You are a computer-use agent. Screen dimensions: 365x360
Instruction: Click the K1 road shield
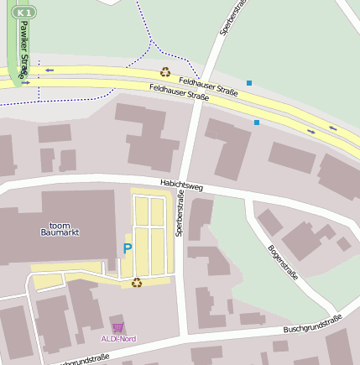(x=27, y=13)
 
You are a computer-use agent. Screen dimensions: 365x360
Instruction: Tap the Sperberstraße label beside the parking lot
(x=180, y=214)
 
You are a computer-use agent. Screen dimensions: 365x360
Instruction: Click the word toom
(x=60, y=224)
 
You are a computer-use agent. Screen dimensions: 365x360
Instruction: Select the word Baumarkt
(x=60, y=232)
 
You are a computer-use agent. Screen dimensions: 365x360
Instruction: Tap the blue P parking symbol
(x=128, y=248)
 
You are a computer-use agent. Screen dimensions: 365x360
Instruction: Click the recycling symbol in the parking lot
(x=137, y=283)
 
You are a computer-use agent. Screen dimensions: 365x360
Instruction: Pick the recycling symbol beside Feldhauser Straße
(x=165, y=72)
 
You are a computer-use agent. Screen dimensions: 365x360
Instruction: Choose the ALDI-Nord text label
(x=118, y=338)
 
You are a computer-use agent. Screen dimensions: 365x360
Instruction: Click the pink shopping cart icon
(x=117, y=327)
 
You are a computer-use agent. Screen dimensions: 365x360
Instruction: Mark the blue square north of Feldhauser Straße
(x=249, y=82)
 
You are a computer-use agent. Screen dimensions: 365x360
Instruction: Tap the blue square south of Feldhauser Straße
(x=257, y=123)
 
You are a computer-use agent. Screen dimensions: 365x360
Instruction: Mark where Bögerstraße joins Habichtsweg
(x=252, y=198)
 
